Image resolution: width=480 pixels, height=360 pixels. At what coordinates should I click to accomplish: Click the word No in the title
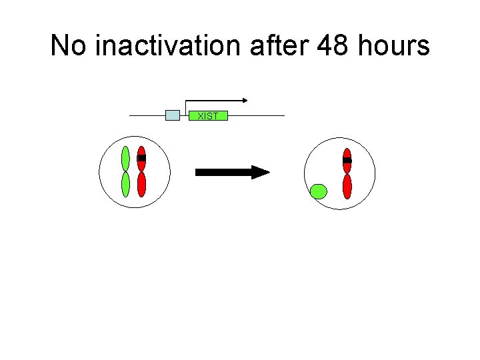coord(69,47)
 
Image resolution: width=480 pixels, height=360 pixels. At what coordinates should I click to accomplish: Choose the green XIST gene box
coord(208,116)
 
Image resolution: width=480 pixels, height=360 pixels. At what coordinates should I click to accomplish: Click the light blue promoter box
coord(173,115)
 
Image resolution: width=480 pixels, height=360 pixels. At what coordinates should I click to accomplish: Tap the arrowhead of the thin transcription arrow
coord(245,100)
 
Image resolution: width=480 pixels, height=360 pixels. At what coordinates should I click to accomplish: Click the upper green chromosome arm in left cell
coord(125,158)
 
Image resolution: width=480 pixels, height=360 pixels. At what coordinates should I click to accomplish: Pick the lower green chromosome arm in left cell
coord(125,184)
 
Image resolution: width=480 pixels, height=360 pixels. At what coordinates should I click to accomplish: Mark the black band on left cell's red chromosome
coord(141,158)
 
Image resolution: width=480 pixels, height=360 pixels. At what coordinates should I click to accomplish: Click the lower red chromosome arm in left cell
coord(141,185)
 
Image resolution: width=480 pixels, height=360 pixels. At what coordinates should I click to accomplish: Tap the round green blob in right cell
coord(319,192)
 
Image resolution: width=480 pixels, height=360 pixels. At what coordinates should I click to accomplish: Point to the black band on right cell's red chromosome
coord(347,161)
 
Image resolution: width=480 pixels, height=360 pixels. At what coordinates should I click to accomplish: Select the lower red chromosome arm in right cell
coord(347,186)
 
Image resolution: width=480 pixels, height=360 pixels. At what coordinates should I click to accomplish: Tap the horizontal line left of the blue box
coord(147,116)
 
